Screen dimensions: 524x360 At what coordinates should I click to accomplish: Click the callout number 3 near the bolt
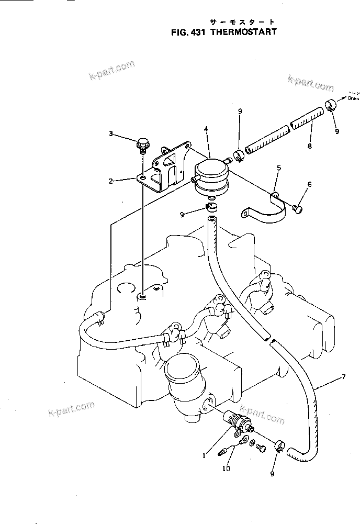pyautogui.click(x=111, y=133)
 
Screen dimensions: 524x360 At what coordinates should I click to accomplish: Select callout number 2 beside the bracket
pyautogui.click(x=111, y=181)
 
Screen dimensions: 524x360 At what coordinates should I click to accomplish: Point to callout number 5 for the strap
pyautogui.click(x=279, y=168)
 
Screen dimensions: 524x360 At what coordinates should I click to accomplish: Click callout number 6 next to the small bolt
pyautogui.click(x=309, y=184)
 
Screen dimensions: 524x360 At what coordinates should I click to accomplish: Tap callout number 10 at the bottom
pyautogui.click(x=226, y=469)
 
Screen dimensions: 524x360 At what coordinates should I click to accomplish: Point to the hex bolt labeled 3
pyautogui.click(x=141, y=143)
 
